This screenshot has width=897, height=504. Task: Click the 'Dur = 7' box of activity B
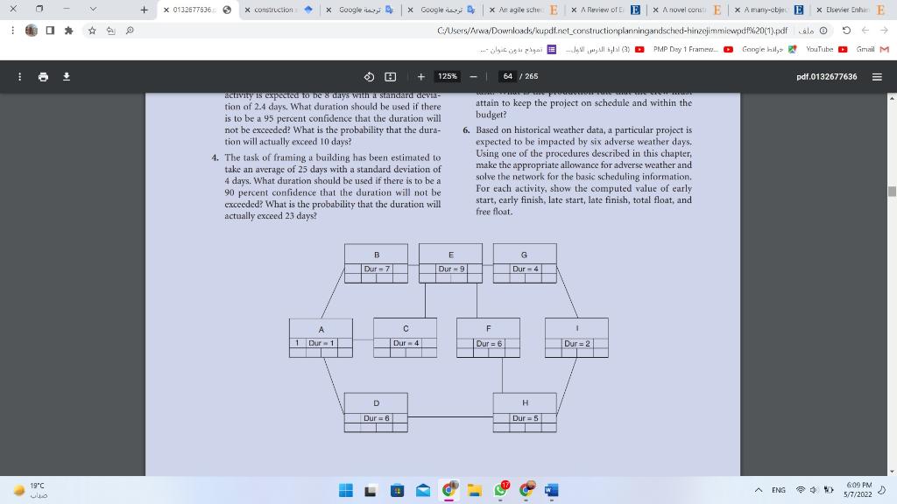click(377, 269)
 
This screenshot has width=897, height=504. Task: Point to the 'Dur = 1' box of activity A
click(321, 343)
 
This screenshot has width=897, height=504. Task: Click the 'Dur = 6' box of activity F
click(489, 344)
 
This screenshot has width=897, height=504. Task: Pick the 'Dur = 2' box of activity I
click(577, 344)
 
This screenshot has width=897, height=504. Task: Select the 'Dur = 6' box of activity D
click(377, 418)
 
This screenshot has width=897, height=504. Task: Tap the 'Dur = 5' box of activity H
click(526, 418)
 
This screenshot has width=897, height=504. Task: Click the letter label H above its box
click(526, 403)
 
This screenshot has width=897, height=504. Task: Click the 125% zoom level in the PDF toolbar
click(448, 76)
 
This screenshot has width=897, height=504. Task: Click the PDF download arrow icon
click(66, 76)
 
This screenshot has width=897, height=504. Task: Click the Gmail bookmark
click(872, 49)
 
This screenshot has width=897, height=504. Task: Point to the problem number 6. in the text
click(467, 130)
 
